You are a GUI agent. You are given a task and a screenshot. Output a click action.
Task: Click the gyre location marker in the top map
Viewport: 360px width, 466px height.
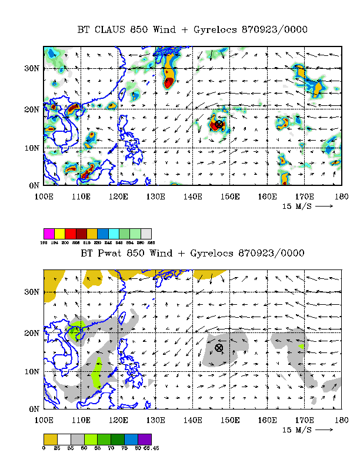pos(219,124)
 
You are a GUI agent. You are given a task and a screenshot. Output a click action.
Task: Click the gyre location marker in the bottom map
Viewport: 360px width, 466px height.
pos(219,348)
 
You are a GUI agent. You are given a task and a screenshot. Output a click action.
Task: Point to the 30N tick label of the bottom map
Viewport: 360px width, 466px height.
pos(32,292)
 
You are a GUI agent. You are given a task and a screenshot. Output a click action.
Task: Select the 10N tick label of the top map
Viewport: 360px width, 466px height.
pos(32,148)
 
